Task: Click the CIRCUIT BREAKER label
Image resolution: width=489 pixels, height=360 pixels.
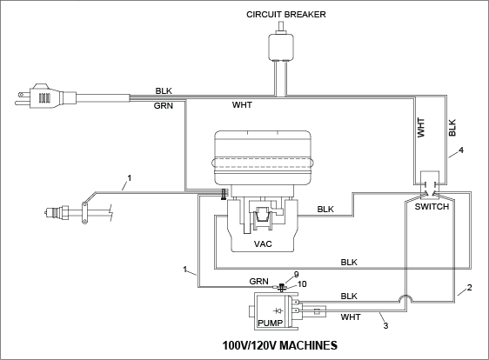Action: coord(286,14)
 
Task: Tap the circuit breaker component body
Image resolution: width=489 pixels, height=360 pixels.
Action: coord(281,47)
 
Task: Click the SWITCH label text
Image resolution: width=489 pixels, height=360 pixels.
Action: coord(432,206)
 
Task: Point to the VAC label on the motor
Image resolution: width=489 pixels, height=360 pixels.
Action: coord(263,243)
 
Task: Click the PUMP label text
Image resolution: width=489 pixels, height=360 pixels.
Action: coord(270,323)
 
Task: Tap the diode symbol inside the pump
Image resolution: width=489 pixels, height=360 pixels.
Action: coord(278,310)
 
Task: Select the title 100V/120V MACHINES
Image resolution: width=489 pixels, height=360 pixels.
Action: coord(280,345)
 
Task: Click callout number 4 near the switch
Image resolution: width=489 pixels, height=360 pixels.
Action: coord(461,150)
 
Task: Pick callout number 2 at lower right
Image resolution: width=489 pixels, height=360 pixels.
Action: coord(469,287)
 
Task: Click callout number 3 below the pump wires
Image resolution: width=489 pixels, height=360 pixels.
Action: coord(385,326)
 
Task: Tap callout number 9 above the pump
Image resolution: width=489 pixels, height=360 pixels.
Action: coord(296,274)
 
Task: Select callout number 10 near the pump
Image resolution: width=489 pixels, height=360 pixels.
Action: coord(302,284)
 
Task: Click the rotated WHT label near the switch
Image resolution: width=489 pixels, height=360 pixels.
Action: coord(421,128)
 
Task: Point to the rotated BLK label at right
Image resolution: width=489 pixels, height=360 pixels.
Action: coord(452,128)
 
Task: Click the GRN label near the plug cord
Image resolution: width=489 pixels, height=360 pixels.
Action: coord(163,106)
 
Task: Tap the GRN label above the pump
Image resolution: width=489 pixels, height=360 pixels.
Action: coord(258,282)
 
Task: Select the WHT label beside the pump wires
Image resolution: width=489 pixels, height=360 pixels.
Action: coord(351,317)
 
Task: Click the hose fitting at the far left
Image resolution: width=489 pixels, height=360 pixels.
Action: coord(57,212)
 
